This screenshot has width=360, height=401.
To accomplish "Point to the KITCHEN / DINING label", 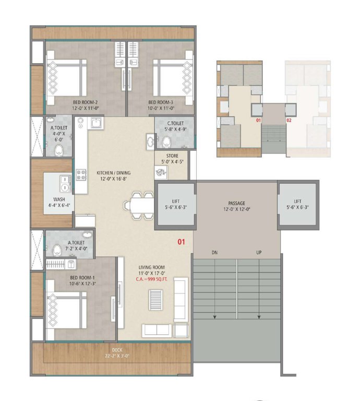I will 113,172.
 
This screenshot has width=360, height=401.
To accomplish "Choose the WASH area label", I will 59,199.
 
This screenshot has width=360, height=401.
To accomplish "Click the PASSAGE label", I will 236,203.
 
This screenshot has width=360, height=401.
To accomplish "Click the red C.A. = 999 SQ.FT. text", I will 152,278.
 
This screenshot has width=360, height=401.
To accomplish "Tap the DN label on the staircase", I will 214,253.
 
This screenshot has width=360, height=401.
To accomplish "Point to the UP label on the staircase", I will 259,253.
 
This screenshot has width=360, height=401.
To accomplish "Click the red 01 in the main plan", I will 182,242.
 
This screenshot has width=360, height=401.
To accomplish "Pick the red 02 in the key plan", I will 289,120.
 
